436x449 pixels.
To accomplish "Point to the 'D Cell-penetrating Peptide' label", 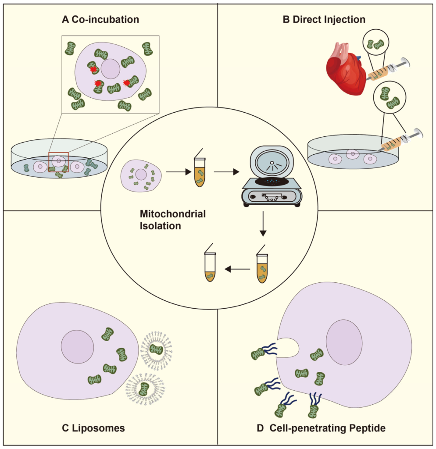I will point(321,428).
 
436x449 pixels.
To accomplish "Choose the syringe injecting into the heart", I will point(388,70).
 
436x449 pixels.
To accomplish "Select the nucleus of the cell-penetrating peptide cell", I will point(344,342).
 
